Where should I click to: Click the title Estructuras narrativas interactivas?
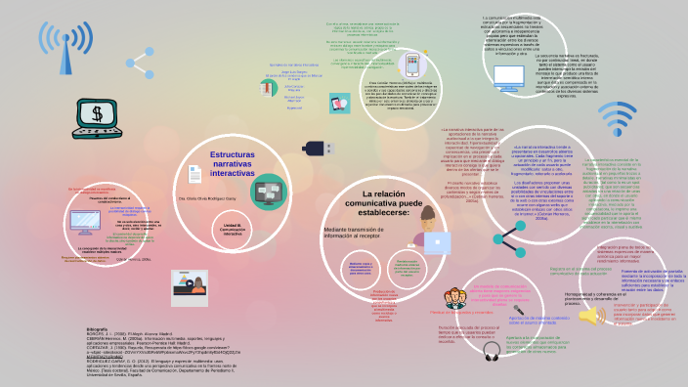tap(238, 162)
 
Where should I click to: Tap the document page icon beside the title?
tap(194, 175)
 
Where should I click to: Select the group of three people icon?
tap(454, 295)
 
